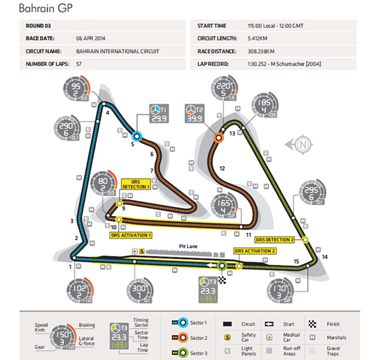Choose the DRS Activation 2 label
click(255, 251)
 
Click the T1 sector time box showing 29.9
click(159, 113)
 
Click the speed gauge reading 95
click(78, 90)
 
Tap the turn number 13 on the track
click(232, 134)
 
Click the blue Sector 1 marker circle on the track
click(136, 136)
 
